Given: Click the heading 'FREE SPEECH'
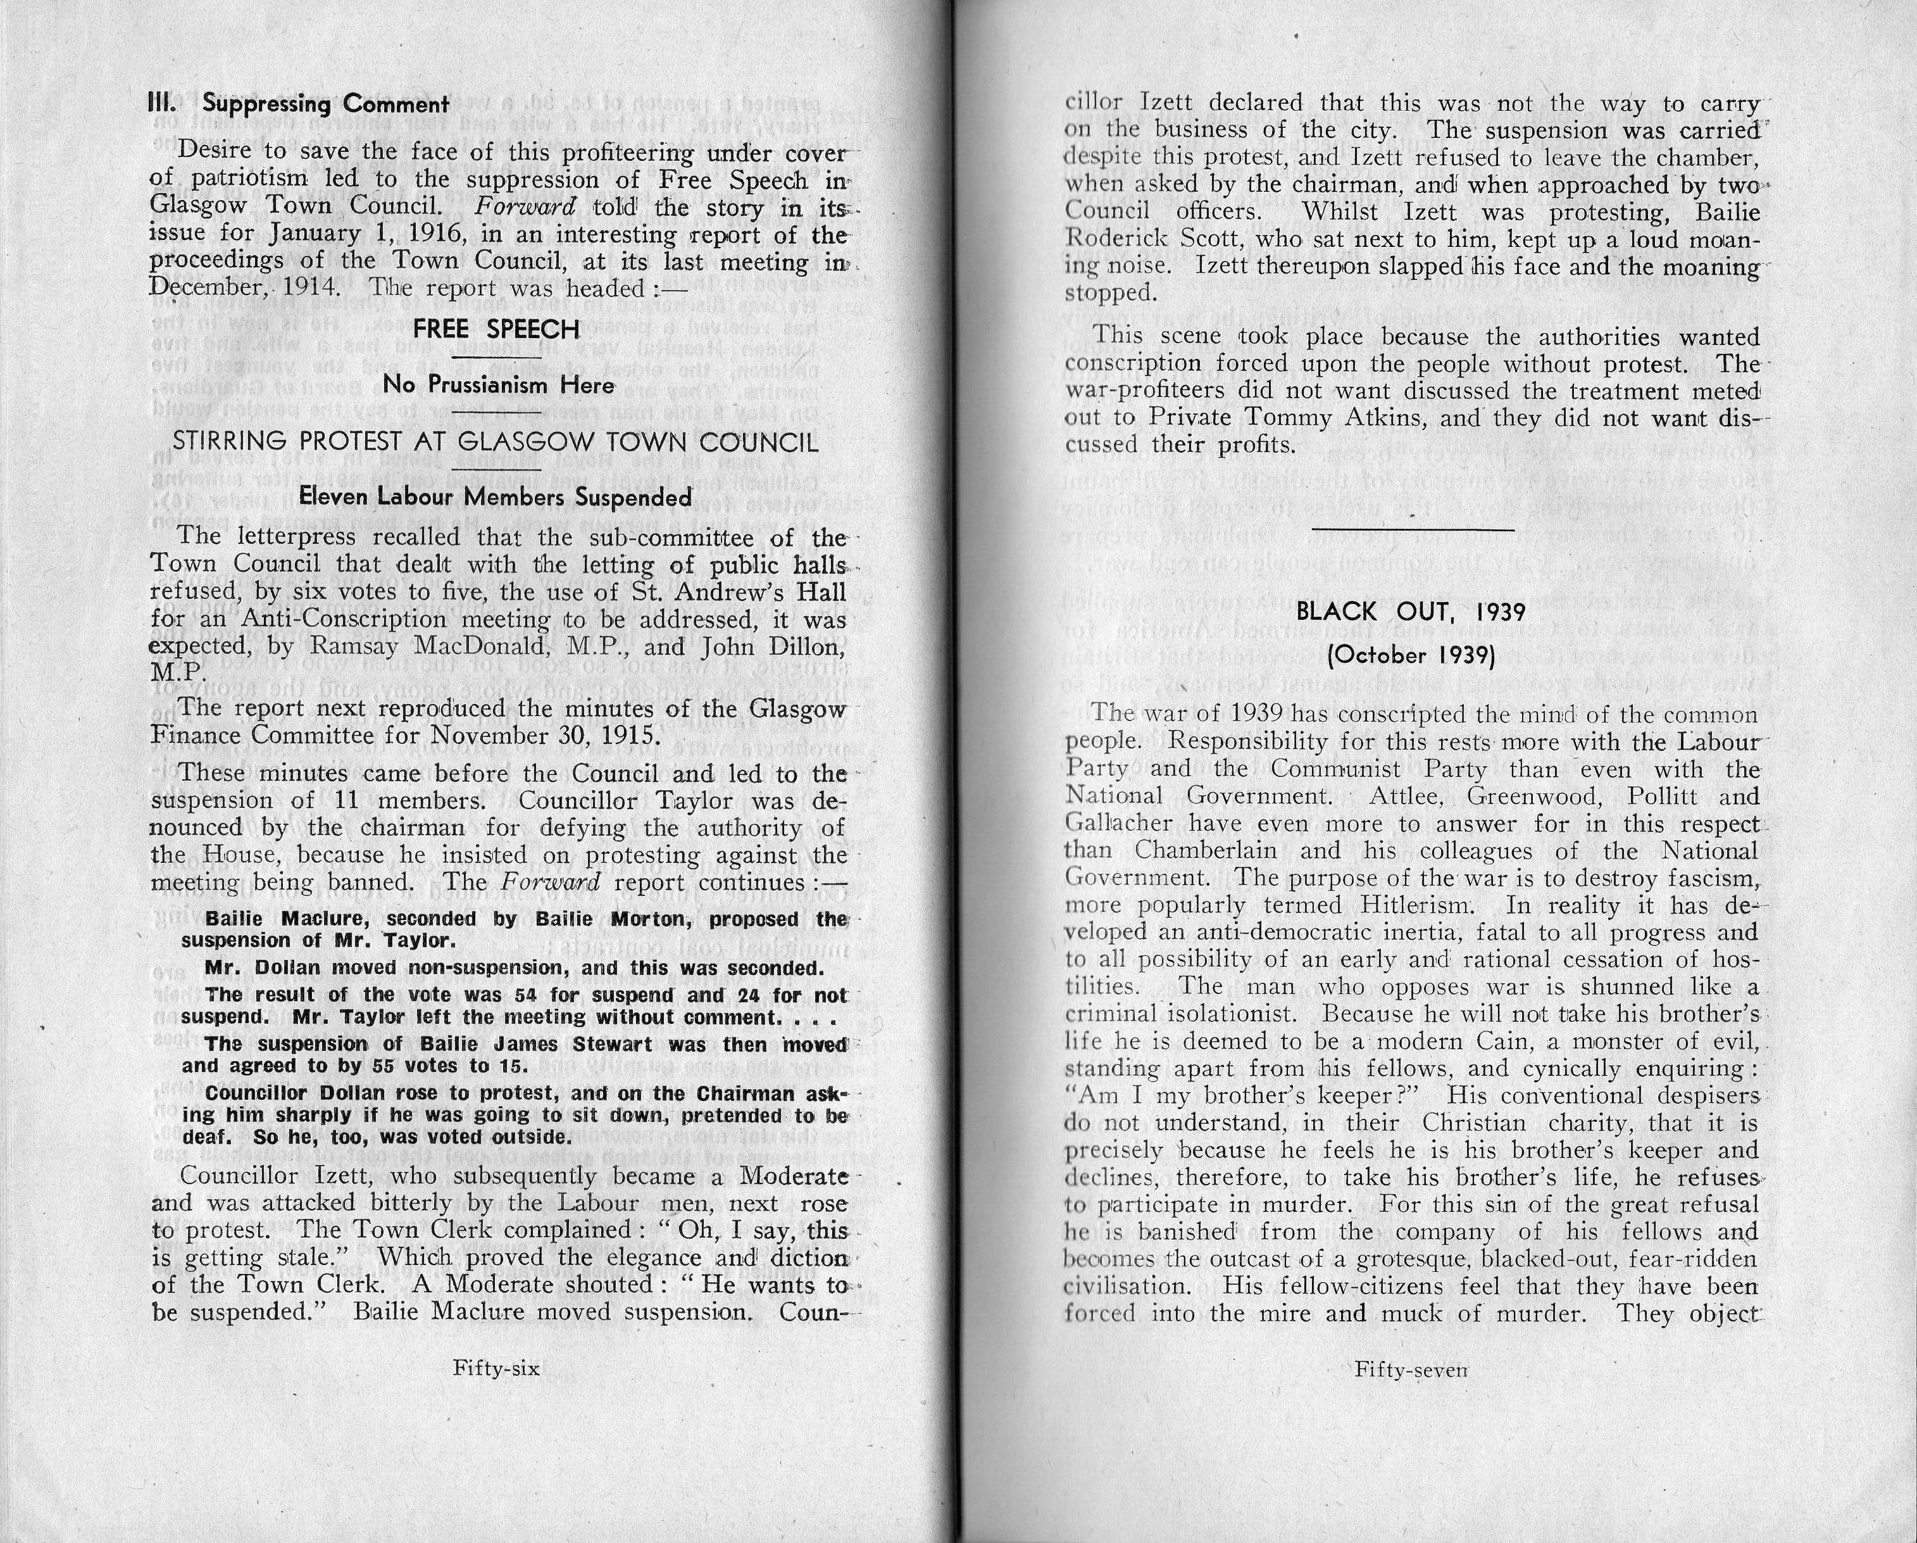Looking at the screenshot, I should [496, 329].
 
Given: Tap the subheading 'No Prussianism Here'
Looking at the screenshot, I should [498, 385].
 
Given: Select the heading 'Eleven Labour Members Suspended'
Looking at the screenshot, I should [496, 496].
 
